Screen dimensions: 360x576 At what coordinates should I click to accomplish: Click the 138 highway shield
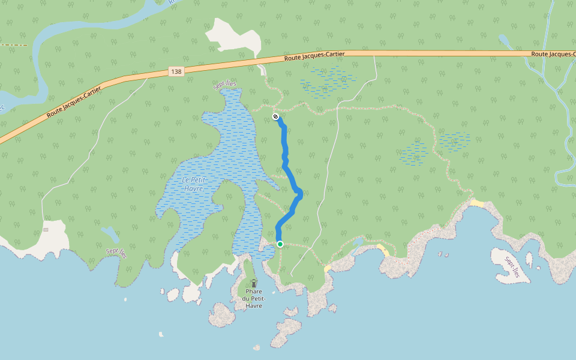click(x=175, y=71)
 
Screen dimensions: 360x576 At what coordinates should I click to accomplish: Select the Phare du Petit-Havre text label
click(x=254, y=299)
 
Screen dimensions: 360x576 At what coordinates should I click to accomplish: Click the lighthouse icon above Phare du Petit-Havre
click(x=254, y=283)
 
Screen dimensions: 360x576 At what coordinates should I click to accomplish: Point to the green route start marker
click(x=280, y=244)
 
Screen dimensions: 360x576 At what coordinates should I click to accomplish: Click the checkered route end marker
click(x=275, y=116)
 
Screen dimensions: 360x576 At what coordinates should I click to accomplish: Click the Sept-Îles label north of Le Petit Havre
click(x=225, y=85)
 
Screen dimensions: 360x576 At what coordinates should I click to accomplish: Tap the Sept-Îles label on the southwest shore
click(x=116, y=253)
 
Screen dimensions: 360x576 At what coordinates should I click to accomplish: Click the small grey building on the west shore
click(x=46, y=229)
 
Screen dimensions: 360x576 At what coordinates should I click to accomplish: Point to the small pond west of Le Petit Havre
click(x=110, y=234)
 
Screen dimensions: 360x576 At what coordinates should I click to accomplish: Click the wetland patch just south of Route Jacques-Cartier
click(x=329, y=81)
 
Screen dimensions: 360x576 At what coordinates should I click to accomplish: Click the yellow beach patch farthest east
click(x=477, y=203)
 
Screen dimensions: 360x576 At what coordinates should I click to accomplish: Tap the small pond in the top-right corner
click(x=505, y=40)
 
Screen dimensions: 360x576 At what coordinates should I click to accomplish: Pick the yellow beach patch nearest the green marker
click(x=327, y=268)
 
